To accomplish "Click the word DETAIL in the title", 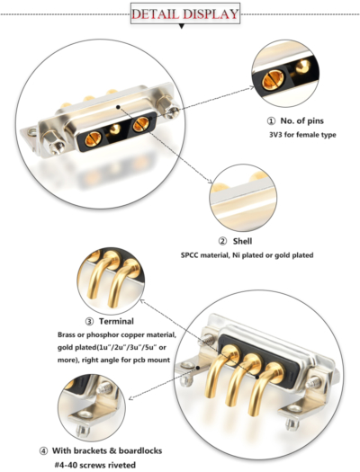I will point(155,13).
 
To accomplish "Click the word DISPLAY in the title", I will point(209,13).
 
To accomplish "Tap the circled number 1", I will point(271,120).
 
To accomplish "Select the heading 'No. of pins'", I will point(305,120).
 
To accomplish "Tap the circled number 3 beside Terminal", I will point(89,321).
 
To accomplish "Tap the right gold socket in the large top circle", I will point(139,127).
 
